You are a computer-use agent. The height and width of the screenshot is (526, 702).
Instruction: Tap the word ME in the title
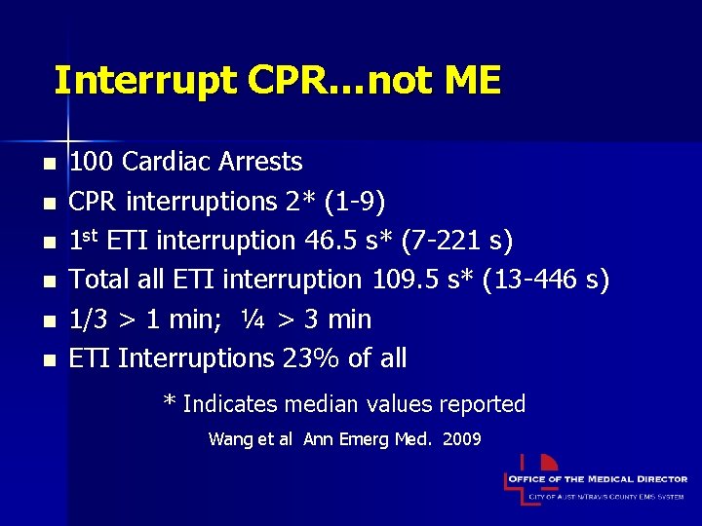pos(473,80)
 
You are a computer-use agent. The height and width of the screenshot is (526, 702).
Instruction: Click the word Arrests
pos(263,162)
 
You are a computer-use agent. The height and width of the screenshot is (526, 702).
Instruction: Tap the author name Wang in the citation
pos(228,439)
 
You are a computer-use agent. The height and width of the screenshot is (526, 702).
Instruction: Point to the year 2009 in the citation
pos(462,439)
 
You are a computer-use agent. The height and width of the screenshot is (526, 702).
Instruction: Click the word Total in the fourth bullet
pos(94,281)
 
